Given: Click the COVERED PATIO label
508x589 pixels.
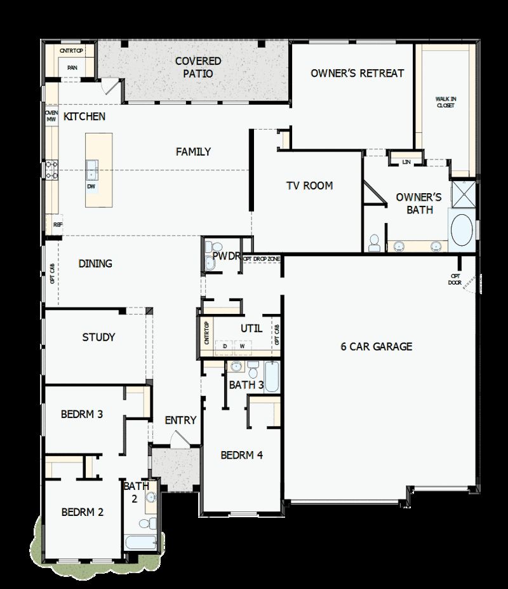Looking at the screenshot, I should click(198, 67).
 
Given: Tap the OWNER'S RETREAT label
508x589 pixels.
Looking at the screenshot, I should click(357, 73).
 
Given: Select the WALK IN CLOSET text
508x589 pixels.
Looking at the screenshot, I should click(445, 102).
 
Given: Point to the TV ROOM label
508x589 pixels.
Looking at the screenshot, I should click(309, 186).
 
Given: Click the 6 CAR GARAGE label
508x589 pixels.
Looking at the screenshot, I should click(377, 346).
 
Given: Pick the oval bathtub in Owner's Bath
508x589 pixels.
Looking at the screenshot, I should click(461, 230).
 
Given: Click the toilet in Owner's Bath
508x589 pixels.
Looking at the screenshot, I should click(374, 241).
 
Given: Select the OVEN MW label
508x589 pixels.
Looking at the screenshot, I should click(51, 116).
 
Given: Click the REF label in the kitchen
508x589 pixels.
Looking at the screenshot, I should click(57, 224).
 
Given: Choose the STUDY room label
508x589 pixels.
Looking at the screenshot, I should click(98, 337).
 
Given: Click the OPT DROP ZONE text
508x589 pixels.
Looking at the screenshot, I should click(262, 259).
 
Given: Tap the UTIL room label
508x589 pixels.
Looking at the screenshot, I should click(251, 328).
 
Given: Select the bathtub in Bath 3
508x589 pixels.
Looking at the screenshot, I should click(271, 376).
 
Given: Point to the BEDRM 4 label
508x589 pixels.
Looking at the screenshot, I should click(241, 455).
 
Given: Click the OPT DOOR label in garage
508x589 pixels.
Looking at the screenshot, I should click(455, 279).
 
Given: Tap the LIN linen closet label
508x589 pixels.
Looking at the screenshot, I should click(406, 162).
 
